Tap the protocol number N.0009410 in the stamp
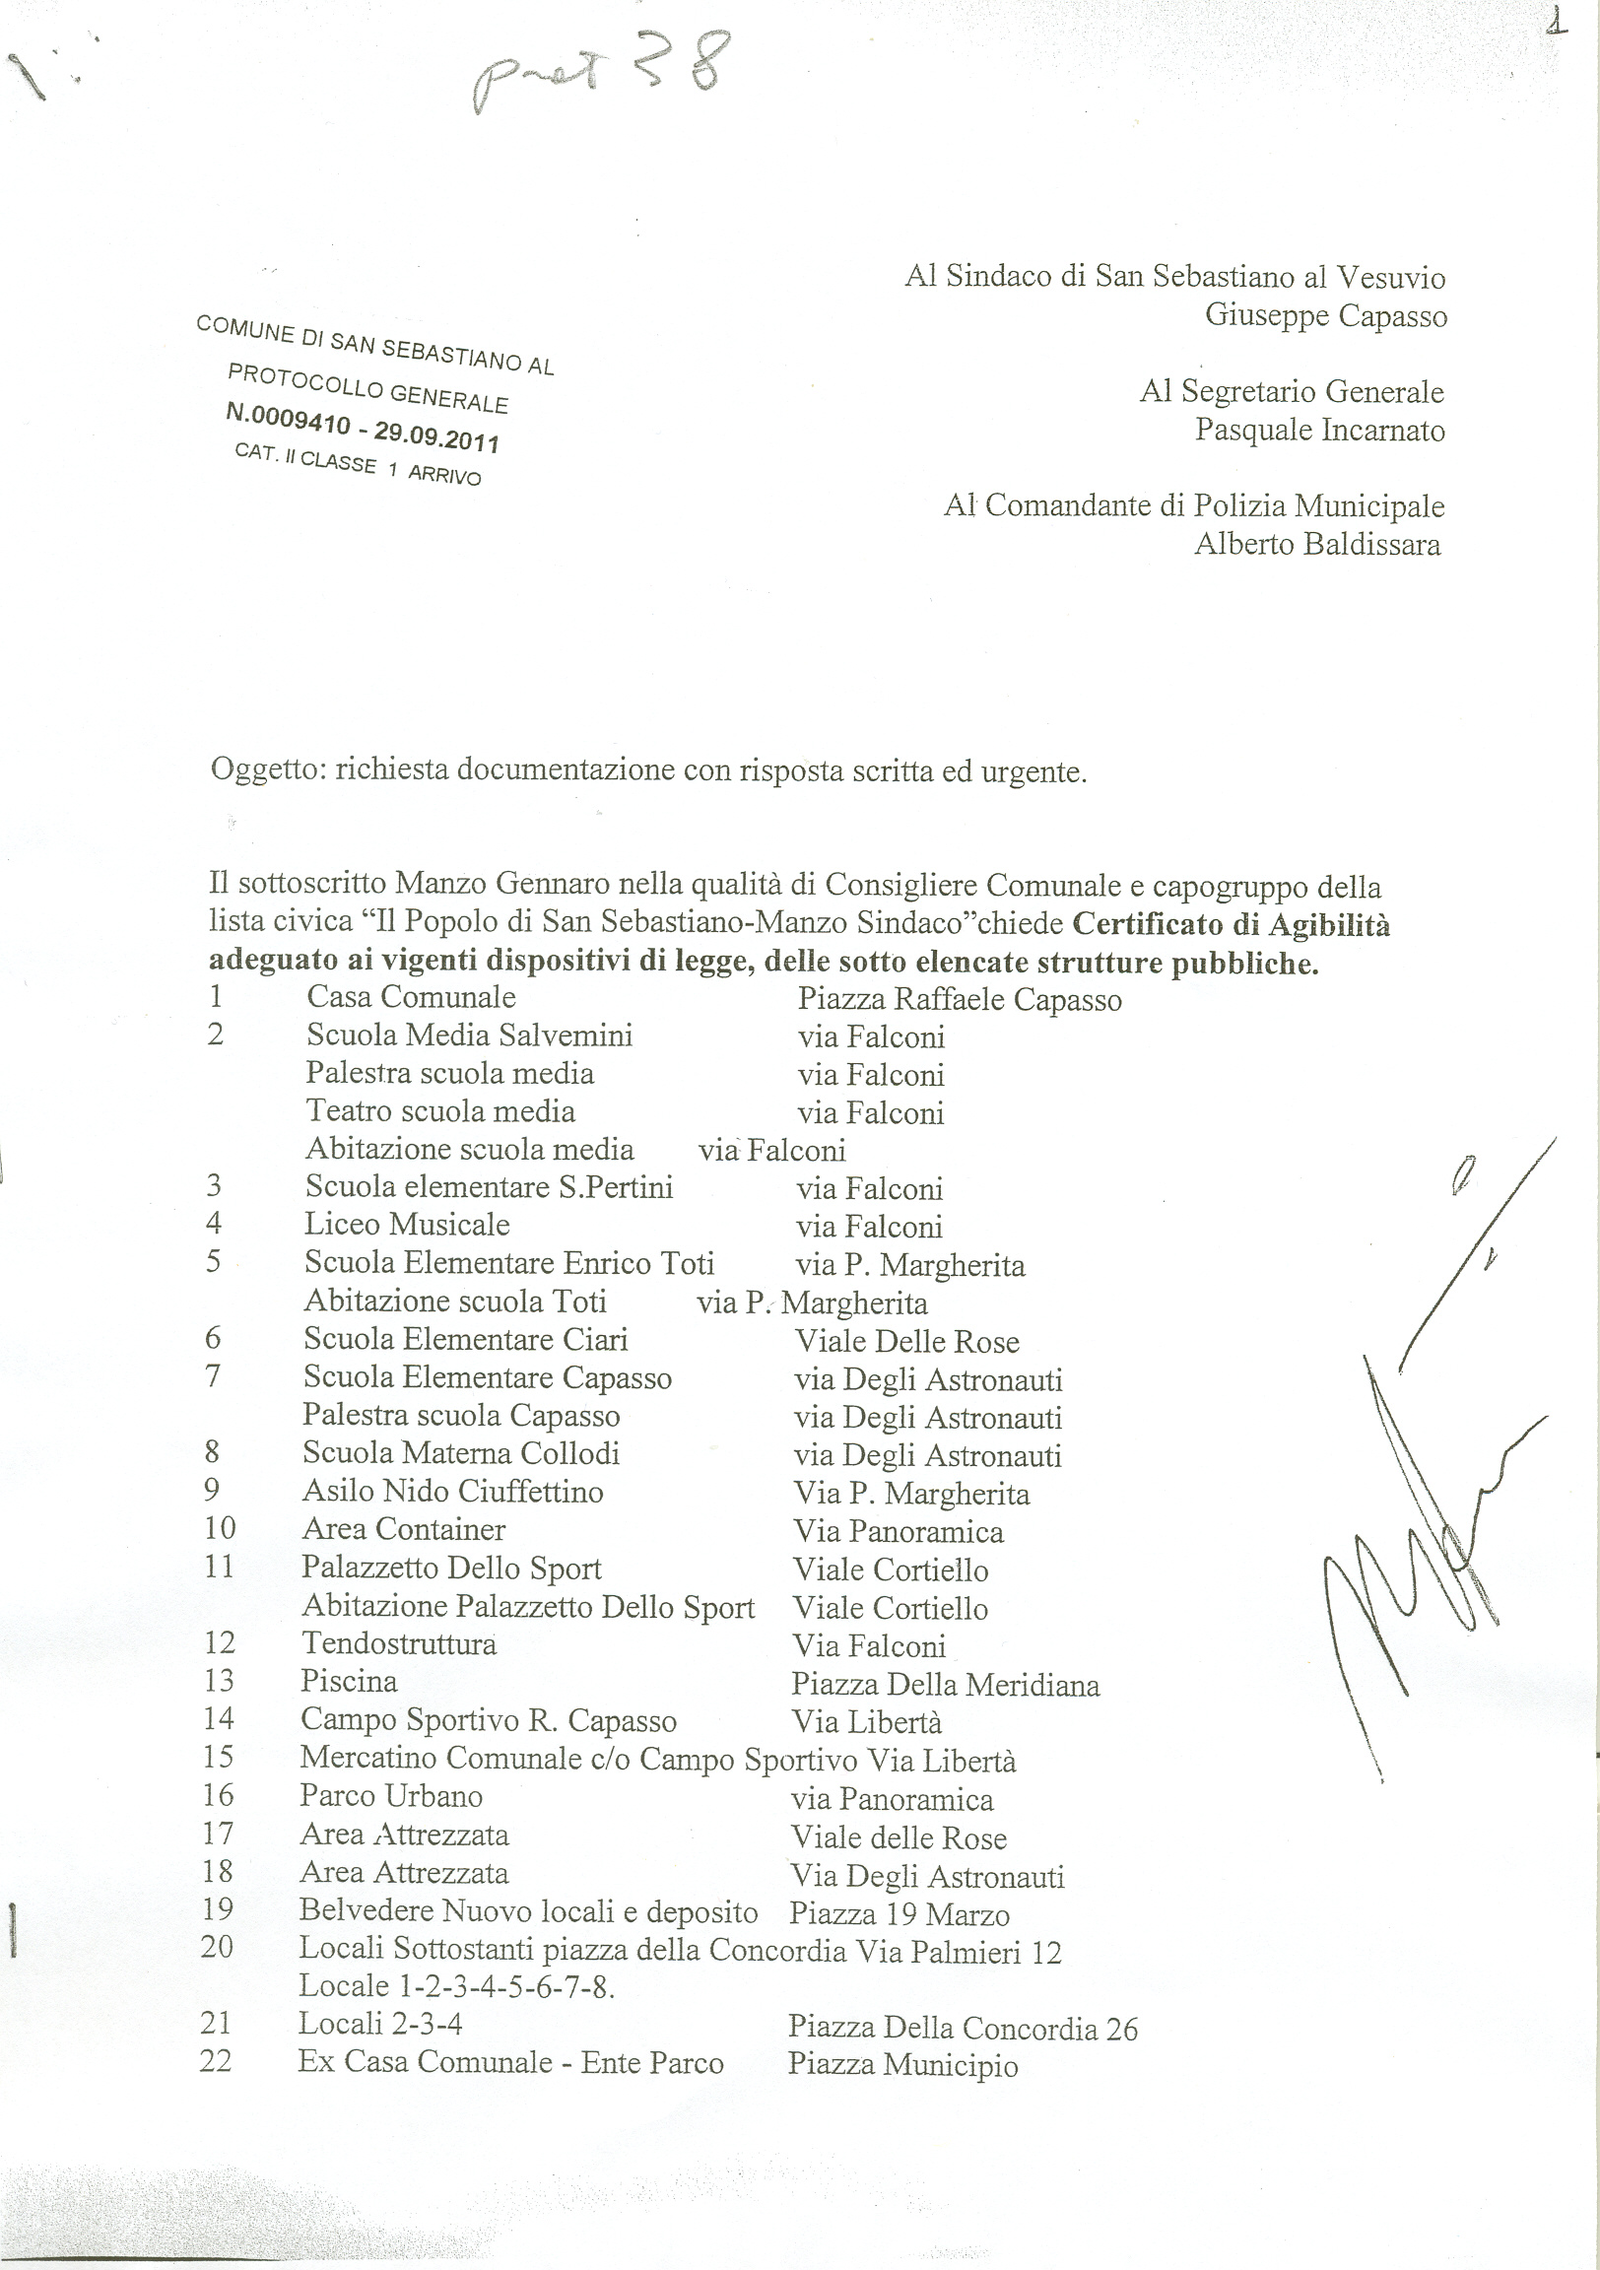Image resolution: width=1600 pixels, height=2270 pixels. pos(288,418)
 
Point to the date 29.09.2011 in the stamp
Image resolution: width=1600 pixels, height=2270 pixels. pos(436,436)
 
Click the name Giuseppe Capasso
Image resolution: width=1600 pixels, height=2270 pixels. pos(1325,315)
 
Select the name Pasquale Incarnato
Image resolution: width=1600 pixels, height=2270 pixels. pos(1319,431)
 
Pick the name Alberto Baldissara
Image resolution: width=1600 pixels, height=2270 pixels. pos(1317,544)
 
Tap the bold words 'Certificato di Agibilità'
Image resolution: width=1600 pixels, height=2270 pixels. pos(1232,924)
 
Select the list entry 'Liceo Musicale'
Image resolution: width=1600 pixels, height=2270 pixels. pos(407,1225)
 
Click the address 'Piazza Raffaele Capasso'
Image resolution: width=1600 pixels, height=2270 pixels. pos(960,1000)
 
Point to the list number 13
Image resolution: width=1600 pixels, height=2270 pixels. pos(218,1681)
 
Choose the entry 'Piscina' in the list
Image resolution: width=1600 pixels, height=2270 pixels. pos(349,1681)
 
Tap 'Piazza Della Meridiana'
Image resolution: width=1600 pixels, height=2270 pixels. pos(946,1684)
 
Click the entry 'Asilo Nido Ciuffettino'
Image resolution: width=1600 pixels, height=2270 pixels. pos(453,1491)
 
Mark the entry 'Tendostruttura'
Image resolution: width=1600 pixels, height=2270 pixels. pos(398,1643)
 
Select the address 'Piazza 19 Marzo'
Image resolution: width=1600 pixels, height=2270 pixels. pos(899,1915)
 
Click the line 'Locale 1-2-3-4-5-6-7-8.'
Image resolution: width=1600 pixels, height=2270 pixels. pos(457,1985)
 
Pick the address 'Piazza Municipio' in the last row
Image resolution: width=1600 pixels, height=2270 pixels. pos(901,2065)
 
